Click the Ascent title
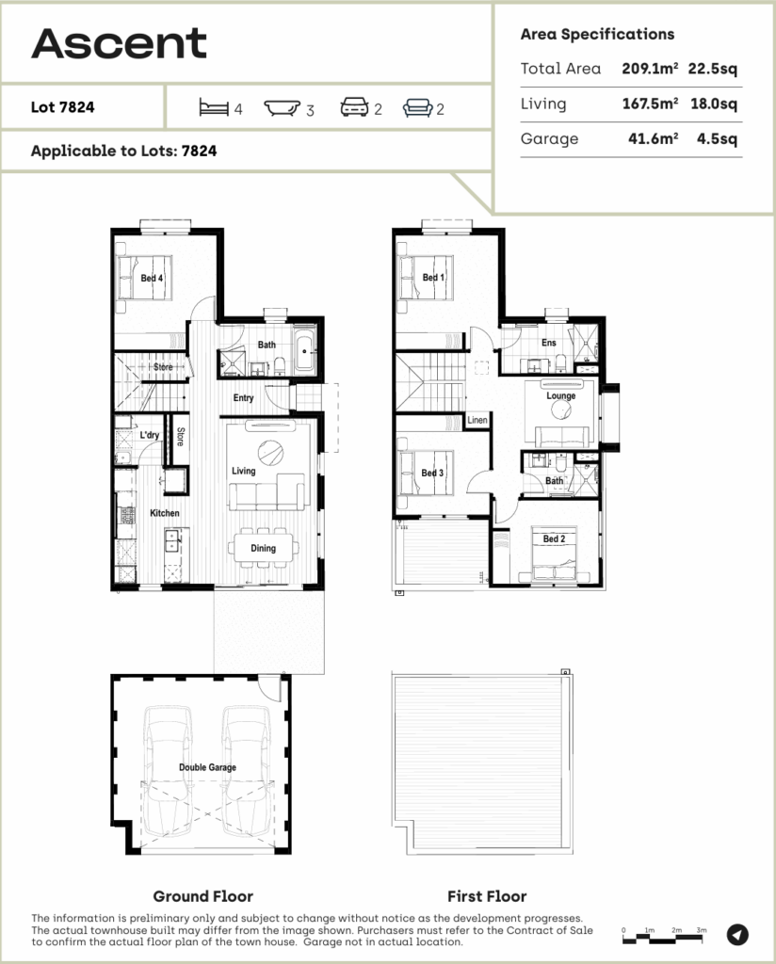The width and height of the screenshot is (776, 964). pyautogui.click(x=119, y=42)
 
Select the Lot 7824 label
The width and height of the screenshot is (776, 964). pyautogui.click(x=63, y=107)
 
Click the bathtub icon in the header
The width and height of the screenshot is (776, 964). pyautogui.click(x=282, y=108)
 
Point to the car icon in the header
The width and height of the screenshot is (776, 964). pyautogui.click(x=354, y=108)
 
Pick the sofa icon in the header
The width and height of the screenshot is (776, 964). pyautogui.click(x=417, y=108)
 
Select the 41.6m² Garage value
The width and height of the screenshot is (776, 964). pyautogui.click(x=651, y=139)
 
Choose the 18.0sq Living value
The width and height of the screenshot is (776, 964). pyautogui.click(x=717, y=104)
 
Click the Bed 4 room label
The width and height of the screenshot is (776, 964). pyautogui.click(x=153, y=279)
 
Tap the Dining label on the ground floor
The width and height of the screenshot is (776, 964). pyautogui.click(x=264, y=549)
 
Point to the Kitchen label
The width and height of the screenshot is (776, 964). pyautogui.click(x=164, y=513)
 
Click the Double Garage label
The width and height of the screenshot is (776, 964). pyautogui.click(x=207, y=767)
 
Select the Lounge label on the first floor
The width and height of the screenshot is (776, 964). pyautogui.click(x=560, y=396)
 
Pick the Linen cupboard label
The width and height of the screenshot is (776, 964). pyautogui.click(x=477, y=420)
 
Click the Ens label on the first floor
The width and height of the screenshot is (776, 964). pyautogui.click(x=549, y=344)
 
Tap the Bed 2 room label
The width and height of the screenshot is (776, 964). pyautogui.click(x=554, y=539)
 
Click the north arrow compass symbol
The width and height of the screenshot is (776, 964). pyautogui.click(x=738, y=934)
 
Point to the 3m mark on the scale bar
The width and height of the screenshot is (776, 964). pyautogui.click(x=701, y=930)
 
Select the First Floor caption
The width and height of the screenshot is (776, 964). pyautogui.click(x=487, y=896)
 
